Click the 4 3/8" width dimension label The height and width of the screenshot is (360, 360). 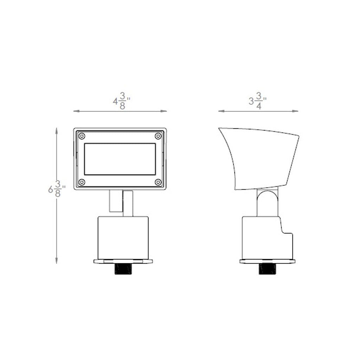tap(122, 102)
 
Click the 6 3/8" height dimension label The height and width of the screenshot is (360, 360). tap(57, 189)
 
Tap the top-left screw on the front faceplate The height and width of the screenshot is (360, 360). tap(82, 136)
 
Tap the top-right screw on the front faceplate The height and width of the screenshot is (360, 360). tap(158, 136)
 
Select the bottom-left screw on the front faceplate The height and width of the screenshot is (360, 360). tap(82, 182)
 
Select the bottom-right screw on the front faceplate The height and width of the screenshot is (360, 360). tap(158, 182)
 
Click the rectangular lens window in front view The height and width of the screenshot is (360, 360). tap(120, 159)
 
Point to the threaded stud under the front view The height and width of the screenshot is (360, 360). tap(123, 269)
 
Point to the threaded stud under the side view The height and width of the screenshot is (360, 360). tap(268, 269)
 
